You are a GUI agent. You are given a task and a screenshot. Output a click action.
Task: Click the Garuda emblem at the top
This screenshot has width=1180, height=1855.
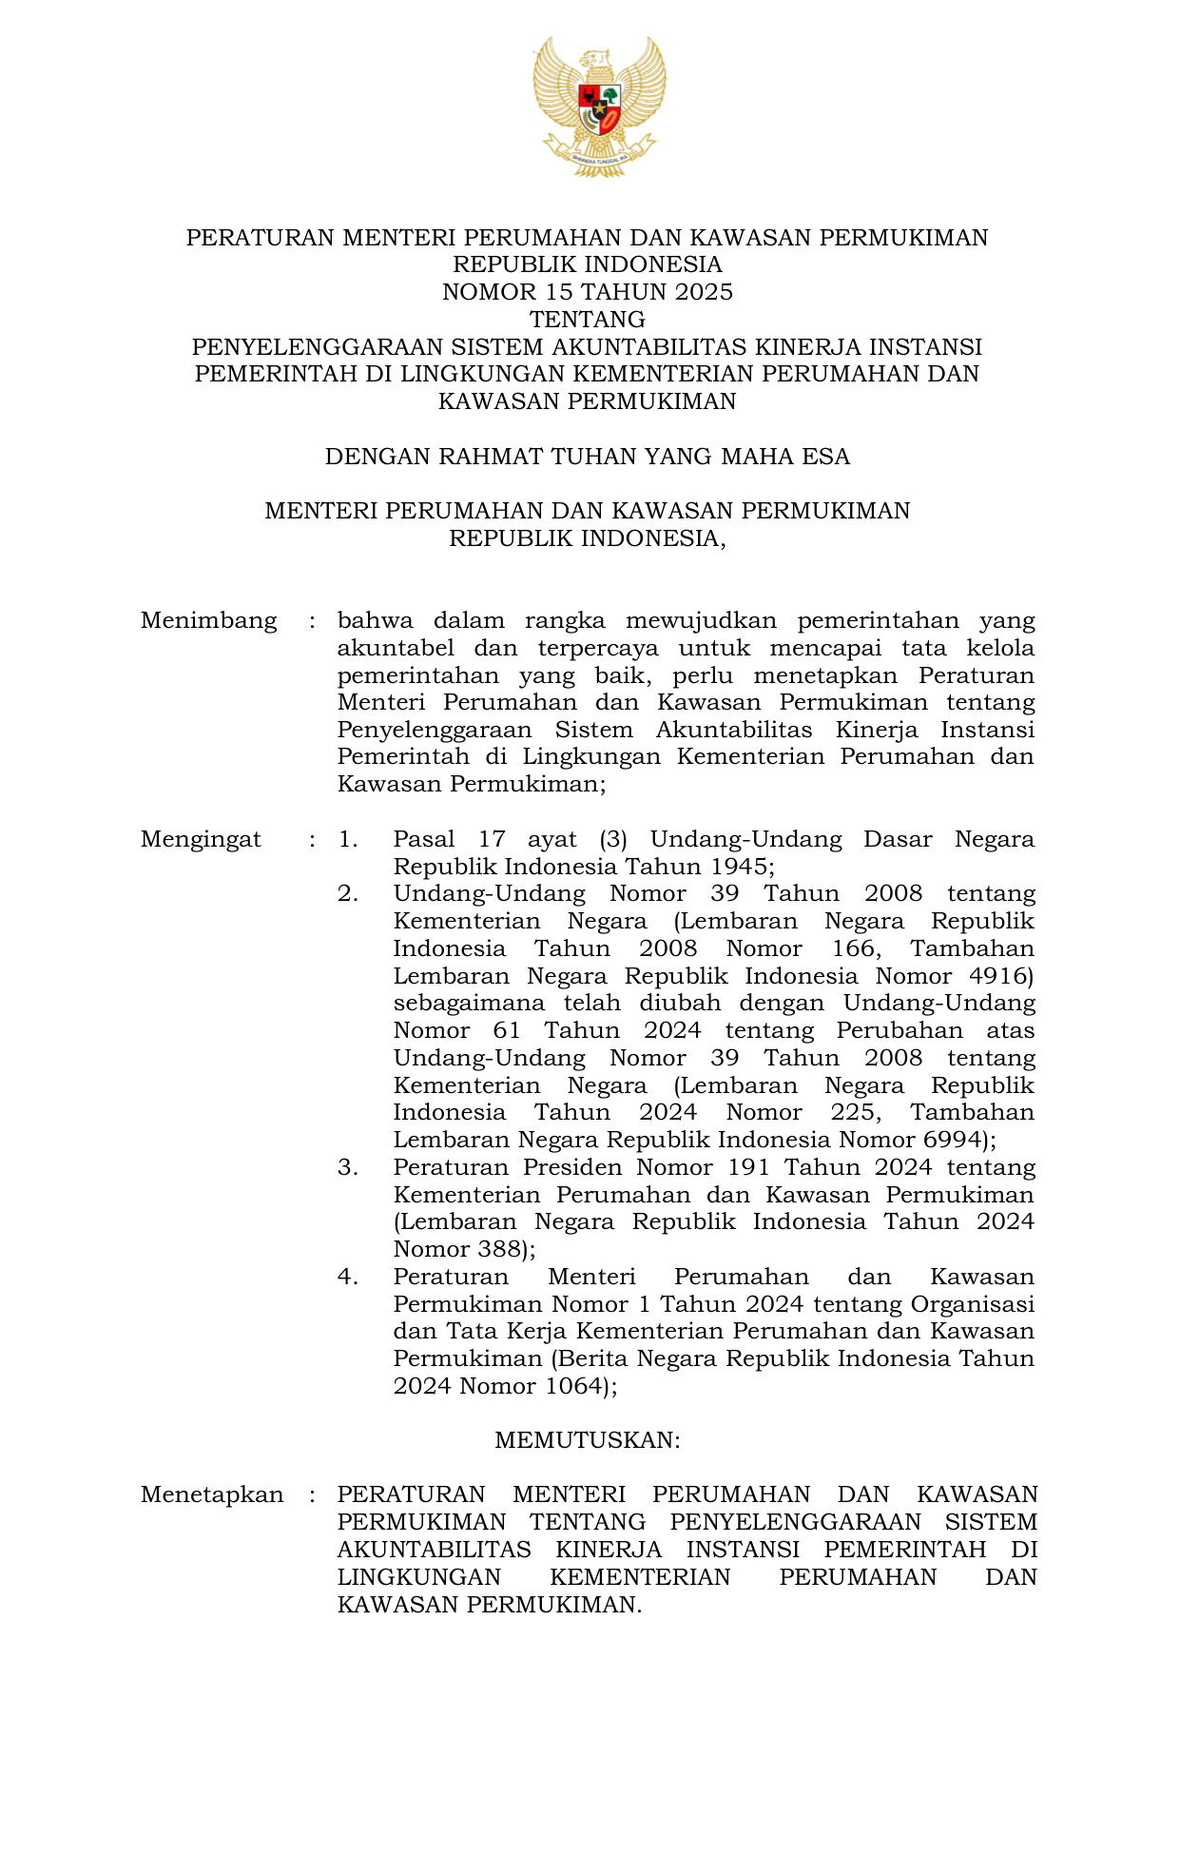coord(599,106)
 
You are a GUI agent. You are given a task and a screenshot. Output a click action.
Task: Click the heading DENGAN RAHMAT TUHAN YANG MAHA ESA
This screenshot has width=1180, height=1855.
coord(588,457)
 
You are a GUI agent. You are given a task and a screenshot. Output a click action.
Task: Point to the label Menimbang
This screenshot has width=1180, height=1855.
coord(209,621)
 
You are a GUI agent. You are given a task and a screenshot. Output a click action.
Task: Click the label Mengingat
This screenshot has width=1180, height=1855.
coord(201,840)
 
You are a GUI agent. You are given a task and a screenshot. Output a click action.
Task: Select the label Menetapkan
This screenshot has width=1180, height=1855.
coord(212,1494)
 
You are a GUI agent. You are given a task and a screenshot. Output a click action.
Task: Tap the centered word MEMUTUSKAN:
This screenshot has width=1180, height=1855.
coord(588,1440)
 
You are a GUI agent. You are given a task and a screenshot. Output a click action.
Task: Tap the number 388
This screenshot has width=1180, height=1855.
coord(496,1249)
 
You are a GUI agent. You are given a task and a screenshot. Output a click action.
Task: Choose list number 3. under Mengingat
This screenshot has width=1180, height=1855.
coord(348,1167)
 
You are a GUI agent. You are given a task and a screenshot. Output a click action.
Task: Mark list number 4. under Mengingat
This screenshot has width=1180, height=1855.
coord(348,1277)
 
